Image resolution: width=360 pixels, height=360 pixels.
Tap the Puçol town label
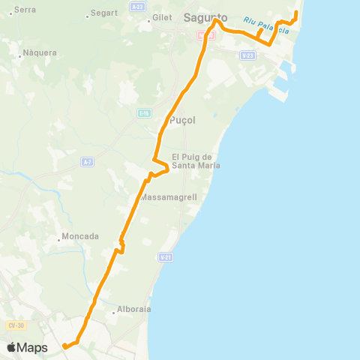(x=183, y=120)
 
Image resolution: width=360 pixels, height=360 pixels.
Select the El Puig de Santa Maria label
(x=196, y=161)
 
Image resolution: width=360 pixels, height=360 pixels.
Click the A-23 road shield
(x=136, y=6)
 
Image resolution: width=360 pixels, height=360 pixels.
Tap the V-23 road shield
(x=247, y=55)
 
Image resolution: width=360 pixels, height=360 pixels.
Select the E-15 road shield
(x=144, y=113)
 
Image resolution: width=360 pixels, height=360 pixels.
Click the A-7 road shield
(x=88, y=162)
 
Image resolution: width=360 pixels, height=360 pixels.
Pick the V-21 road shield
(x=166, y=257)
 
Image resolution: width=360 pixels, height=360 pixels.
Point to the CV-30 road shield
(x=13, y=325)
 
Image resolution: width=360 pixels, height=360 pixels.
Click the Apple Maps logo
(x=27, y=348)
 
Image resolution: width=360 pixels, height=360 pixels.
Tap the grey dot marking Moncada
(x=59, y=240)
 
